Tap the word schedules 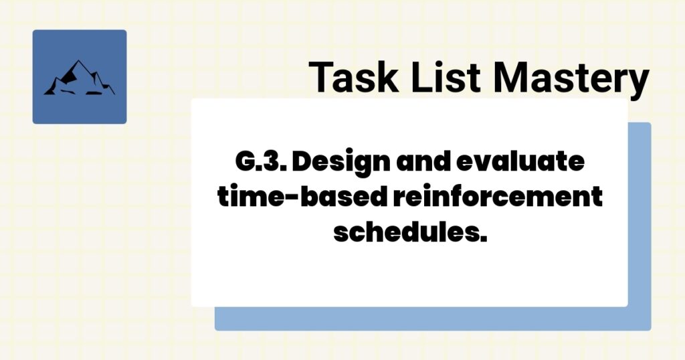(x=405, y=233)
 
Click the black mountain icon (x=79, y=78)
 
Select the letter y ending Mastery (x=638, y=82)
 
